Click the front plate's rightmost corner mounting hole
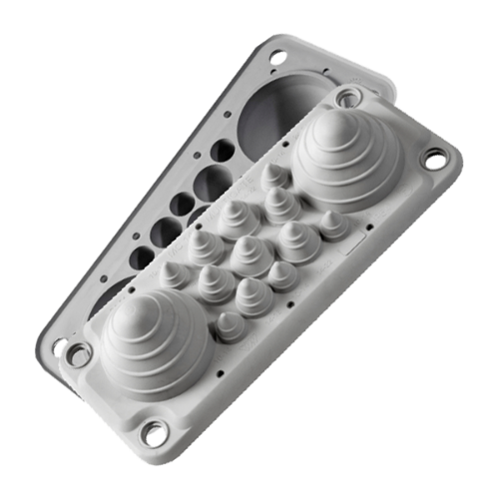436,158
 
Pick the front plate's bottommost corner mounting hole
154,431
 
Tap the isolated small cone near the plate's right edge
333,222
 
